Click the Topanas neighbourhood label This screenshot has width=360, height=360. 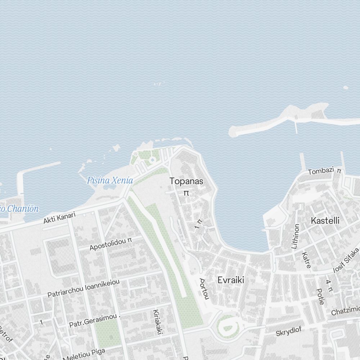coord(186,181)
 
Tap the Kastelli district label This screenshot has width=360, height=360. coord(325,220)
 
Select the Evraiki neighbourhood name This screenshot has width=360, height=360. coord(231,280)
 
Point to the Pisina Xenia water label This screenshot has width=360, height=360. coord(110,180)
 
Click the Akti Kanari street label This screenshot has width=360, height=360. coord(59,218)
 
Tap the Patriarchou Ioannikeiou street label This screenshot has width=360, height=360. coord(84,288)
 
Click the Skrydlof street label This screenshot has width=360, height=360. coord(288,331)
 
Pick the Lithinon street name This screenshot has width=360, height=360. coord(295,236)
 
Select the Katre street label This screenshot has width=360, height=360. coord(306,260)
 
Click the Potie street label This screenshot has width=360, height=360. coord(320,296)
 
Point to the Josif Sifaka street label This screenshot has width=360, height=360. coord(347,260)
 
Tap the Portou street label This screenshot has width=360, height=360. coord(204,288)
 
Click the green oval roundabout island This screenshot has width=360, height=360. coord(228,326)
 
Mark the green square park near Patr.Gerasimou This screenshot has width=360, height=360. coord(107,333)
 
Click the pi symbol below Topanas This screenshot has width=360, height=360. coord(186,193)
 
